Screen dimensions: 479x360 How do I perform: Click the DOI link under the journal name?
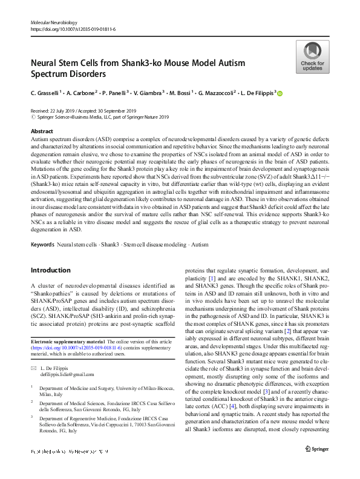click(x=73, y=28)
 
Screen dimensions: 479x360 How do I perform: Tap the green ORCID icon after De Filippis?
click(x=280, y=93)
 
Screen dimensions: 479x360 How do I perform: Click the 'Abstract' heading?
click(x=41, y=131)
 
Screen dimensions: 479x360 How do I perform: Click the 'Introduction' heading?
click(x=50, y=269)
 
